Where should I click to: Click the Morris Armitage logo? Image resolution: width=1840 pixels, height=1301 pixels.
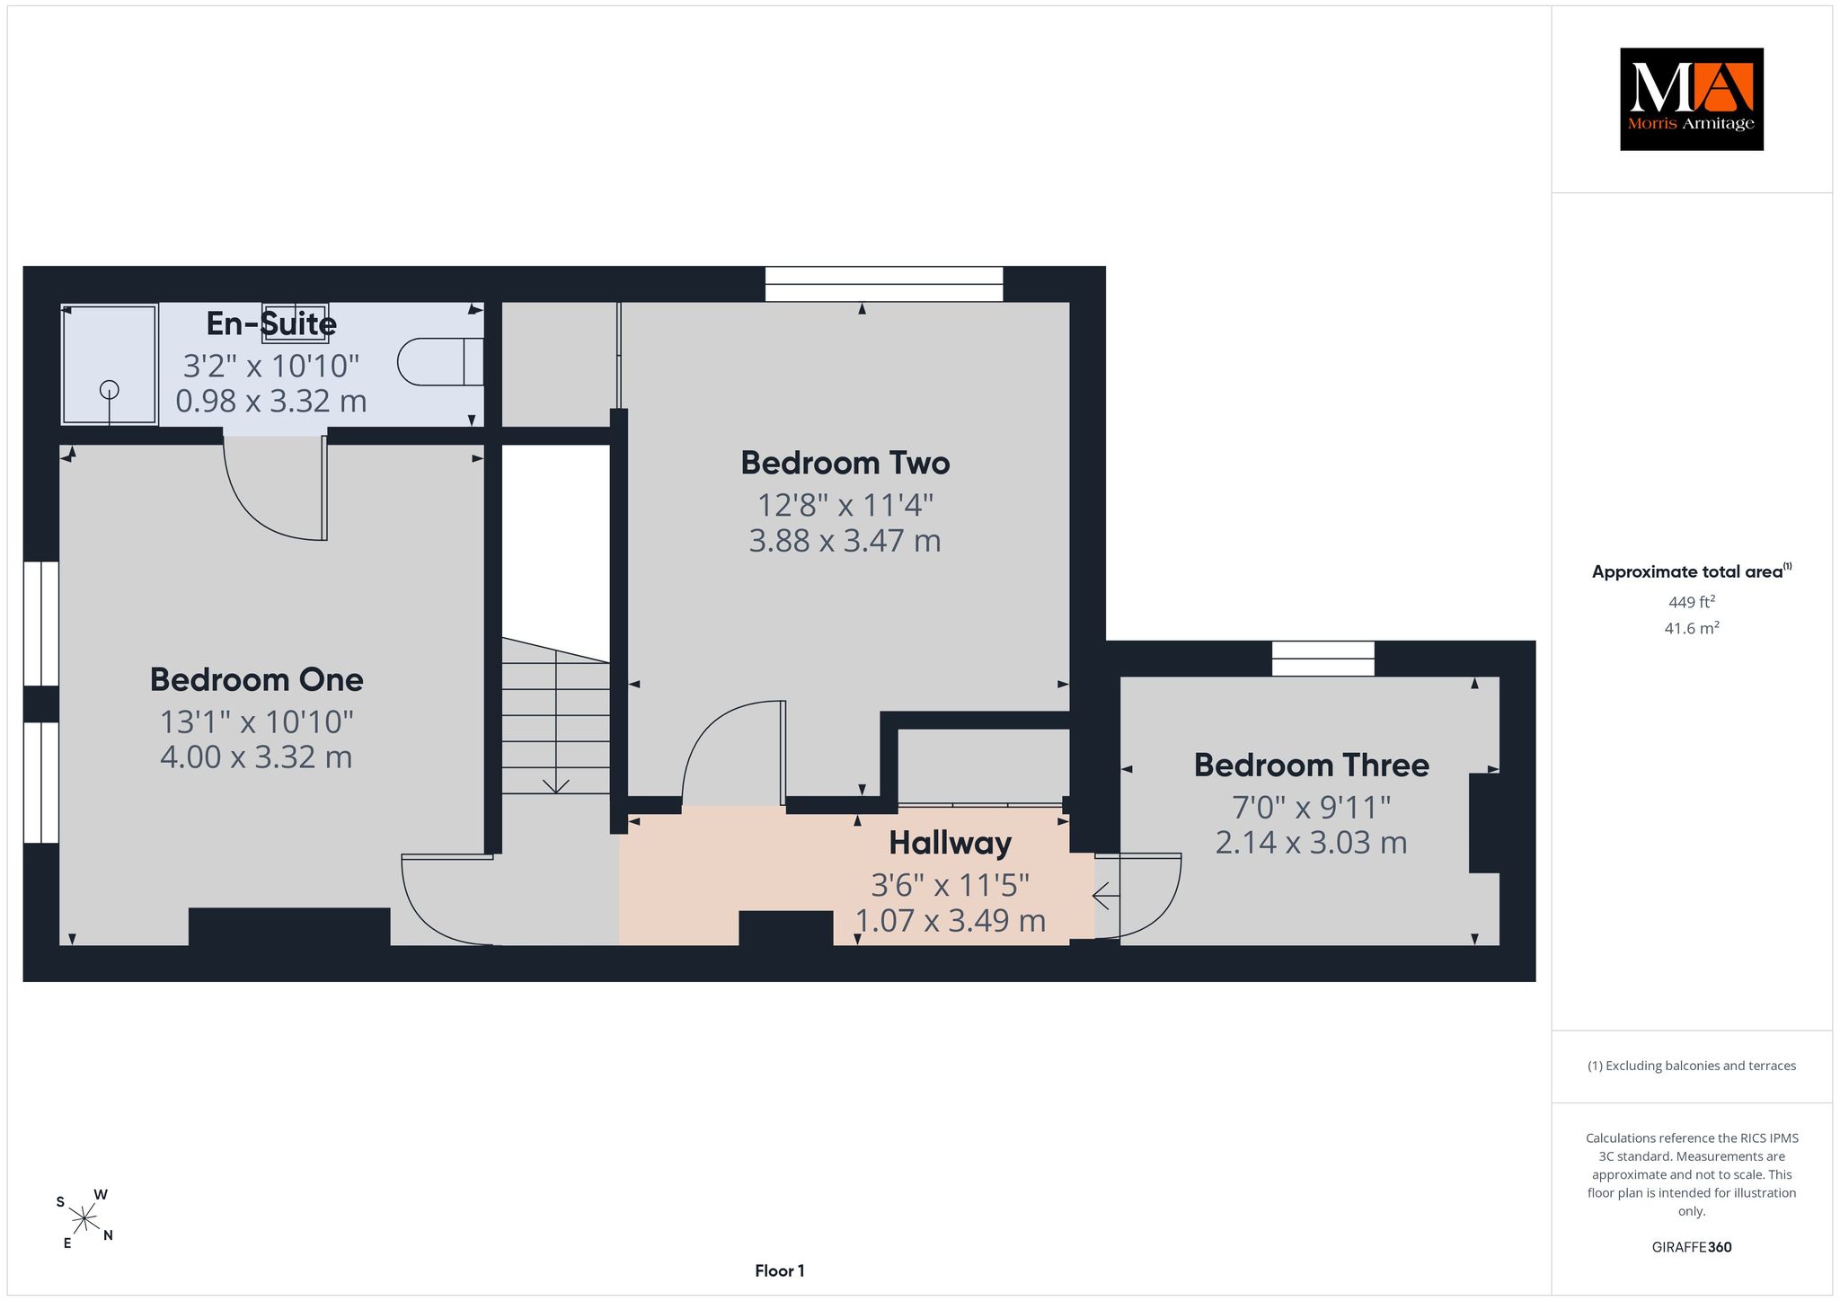(x=1692, y=99)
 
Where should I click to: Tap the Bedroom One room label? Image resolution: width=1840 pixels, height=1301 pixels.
(x=257, y=679)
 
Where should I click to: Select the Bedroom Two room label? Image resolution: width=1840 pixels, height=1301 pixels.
(x=845, y=463)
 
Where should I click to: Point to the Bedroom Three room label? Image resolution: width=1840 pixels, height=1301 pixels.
(x=1312, y=766)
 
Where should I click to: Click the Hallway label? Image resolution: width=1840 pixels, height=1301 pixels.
(x=951, y=844)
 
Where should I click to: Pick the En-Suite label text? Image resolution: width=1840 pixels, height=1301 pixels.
(x=271, y=323)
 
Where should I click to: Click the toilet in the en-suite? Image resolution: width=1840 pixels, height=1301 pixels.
(x=440, y=361)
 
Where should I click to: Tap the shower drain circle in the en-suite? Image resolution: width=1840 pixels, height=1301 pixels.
(x=110, y=390)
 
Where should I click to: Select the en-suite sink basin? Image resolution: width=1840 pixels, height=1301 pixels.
(x=295, y=323)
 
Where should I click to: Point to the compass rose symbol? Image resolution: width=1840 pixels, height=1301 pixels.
(x=84, y=1219)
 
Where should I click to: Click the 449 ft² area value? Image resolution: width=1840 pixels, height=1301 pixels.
(x=1692, y=602)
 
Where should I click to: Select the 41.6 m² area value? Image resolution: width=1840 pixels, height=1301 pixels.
(x=1692, y=628)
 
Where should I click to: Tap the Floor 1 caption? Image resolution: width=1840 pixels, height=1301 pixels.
(x=780, y=1270)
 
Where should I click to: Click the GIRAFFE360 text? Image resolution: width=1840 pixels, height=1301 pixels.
(x=1692, y=1247)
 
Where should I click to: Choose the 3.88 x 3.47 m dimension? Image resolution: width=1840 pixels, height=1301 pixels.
(x=845, y=541)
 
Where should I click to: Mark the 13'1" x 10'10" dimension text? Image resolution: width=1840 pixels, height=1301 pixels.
(x=257, y=721)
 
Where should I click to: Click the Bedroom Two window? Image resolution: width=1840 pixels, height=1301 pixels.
(x=884, y=284)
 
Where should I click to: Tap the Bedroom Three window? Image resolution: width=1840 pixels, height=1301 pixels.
(x=1323, y=659)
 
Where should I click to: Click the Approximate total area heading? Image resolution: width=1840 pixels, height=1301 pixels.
(x=1692, y=571)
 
